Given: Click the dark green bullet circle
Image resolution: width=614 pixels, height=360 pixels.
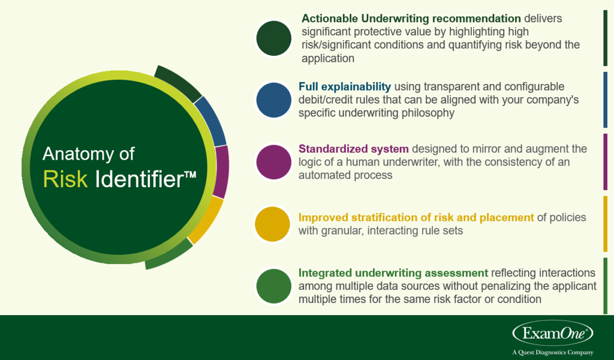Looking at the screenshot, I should pyautogui.click(x=274, y=38).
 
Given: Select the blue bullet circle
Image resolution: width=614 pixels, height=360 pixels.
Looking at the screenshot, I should pyautogui.click(x=274, y=100).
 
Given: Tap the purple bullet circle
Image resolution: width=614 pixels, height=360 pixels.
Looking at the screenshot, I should pyautogui.click(x=274, y=161).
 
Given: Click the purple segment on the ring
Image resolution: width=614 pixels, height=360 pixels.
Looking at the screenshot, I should pyautogui.click(x=221, y=172).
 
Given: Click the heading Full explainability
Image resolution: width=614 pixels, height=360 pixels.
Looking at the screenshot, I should pyautogui.click(x=345, y=86).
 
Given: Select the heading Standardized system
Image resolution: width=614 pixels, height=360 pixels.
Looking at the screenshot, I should pyautogui.click(x=353, y=148).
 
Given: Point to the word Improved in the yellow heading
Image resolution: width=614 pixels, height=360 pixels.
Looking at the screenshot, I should pyautogui.click(x=322, y=217).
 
